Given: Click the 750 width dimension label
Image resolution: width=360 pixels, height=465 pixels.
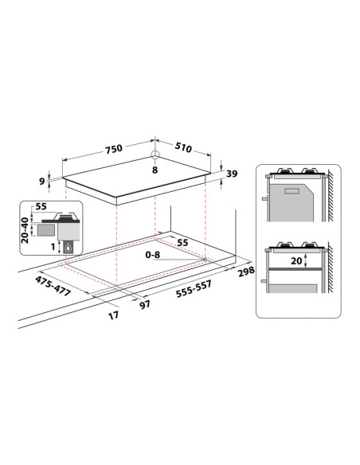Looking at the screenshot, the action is pyautogui.click(x=114, y=149).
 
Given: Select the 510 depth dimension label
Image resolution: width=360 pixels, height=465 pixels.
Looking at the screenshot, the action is pyautogui.click(x=183, y=147).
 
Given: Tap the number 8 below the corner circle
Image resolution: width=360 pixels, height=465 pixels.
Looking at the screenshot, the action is pyautogui.click(x=155, y=170).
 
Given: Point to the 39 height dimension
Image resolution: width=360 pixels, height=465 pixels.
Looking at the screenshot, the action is pyautogui.click(x=232, y=174).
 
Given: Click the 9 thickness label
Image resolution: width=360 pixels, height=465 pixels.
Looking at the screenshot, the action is pyautogui.click(x=42, y=181).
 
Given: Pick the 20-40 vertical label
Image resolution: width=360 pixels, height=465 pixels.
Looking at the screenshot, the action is pyautogui.click(x=25, y=230).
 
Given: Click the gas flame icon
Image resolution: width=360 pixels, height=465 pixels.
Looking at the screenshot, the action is pyautogui.click(x=68, y=248).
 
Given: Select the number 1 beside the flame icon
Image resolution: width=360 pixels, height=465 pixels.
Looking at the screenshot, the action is pyautogui.click(x=53, y=246).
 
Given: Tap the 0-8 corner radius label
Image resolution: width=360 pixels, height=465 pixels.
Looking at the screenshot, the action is pyautogui.click(x=152, y=255).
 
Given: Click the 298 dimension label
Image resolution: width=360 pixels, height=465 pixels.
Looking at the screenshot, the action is pyautogui.click(x=246, y=272).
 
